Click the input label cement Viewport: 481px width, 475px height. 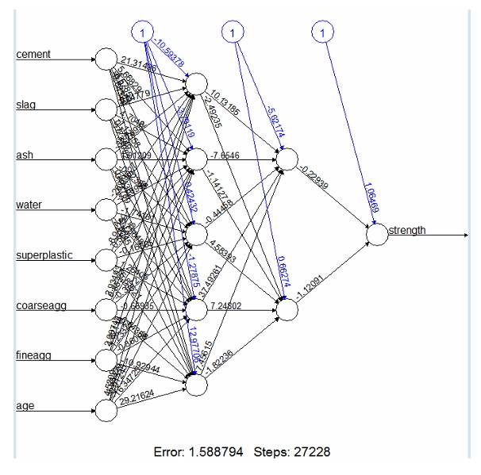33,54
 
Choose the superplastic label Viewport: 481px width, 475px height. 44,255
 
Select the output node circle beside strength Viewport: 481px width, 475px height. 377,236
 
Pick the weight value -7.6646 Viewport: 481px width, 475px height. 226,155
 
